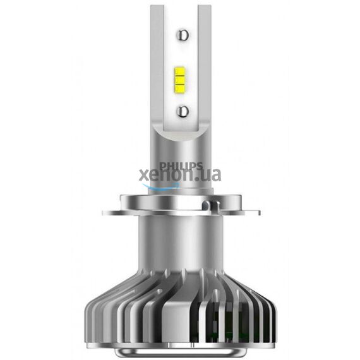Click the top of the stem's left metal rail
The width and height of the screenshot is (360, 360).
click(157, 8)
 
